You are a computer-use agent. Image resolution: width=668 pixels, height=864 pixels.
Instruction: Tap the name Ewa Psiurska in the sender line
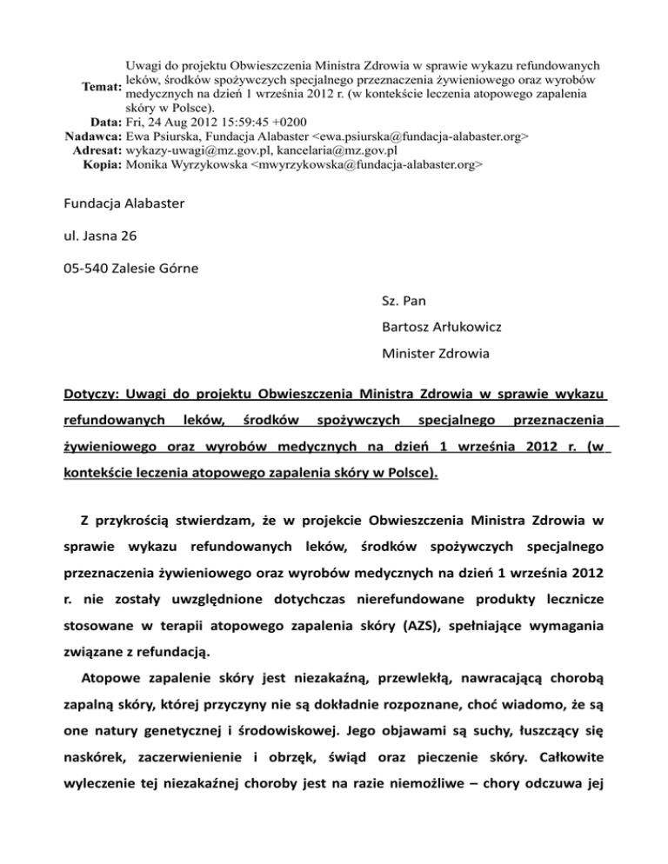coord(160,136)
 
